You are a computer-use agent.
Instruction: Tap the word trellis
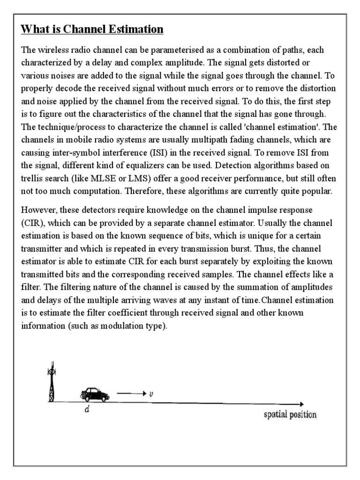pyautogui.click(x=32, y=178)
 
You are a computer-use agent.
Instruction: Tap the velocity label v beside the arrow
pyautogui.click(x=150, y=394)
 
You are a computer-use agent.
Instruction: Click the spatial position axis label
pyautogui.click(x=290, y=414)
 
